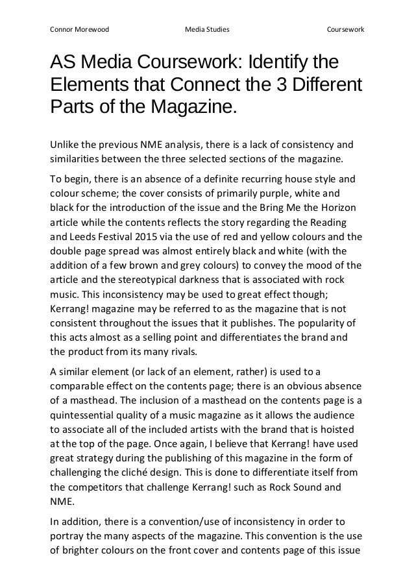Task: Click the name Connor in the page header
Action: point(62,30)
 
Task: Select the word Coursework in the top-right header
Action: point(345,30)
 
